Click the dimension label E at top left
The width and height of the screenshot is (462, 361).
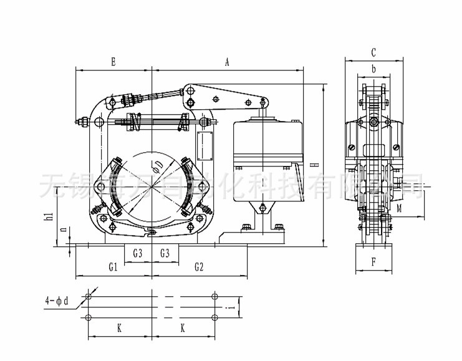click(113, 62)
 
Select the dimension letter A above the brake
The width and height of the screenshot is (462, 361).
click(227, 62)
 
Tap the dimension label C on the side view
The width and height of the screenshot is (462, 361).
click(373, 52)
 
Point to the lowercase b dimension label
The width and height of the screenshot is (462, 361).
click(373, 69)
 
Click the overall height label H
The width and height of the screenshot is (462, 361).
click(317, 165)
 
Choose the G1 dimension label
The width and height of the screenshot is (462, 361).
click(113, 267)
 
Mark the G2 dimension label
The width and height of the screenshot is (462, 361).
click(199, 267)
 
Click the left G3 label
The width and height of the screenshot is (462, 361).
click(138, 253)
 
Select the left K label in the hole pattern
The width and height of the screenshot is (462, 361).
click(118, 327)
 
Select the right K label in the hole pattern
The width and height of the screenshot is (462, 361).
click(182, 327)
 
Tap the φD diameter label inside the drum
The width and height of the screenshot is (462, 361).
click(158, 165)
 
